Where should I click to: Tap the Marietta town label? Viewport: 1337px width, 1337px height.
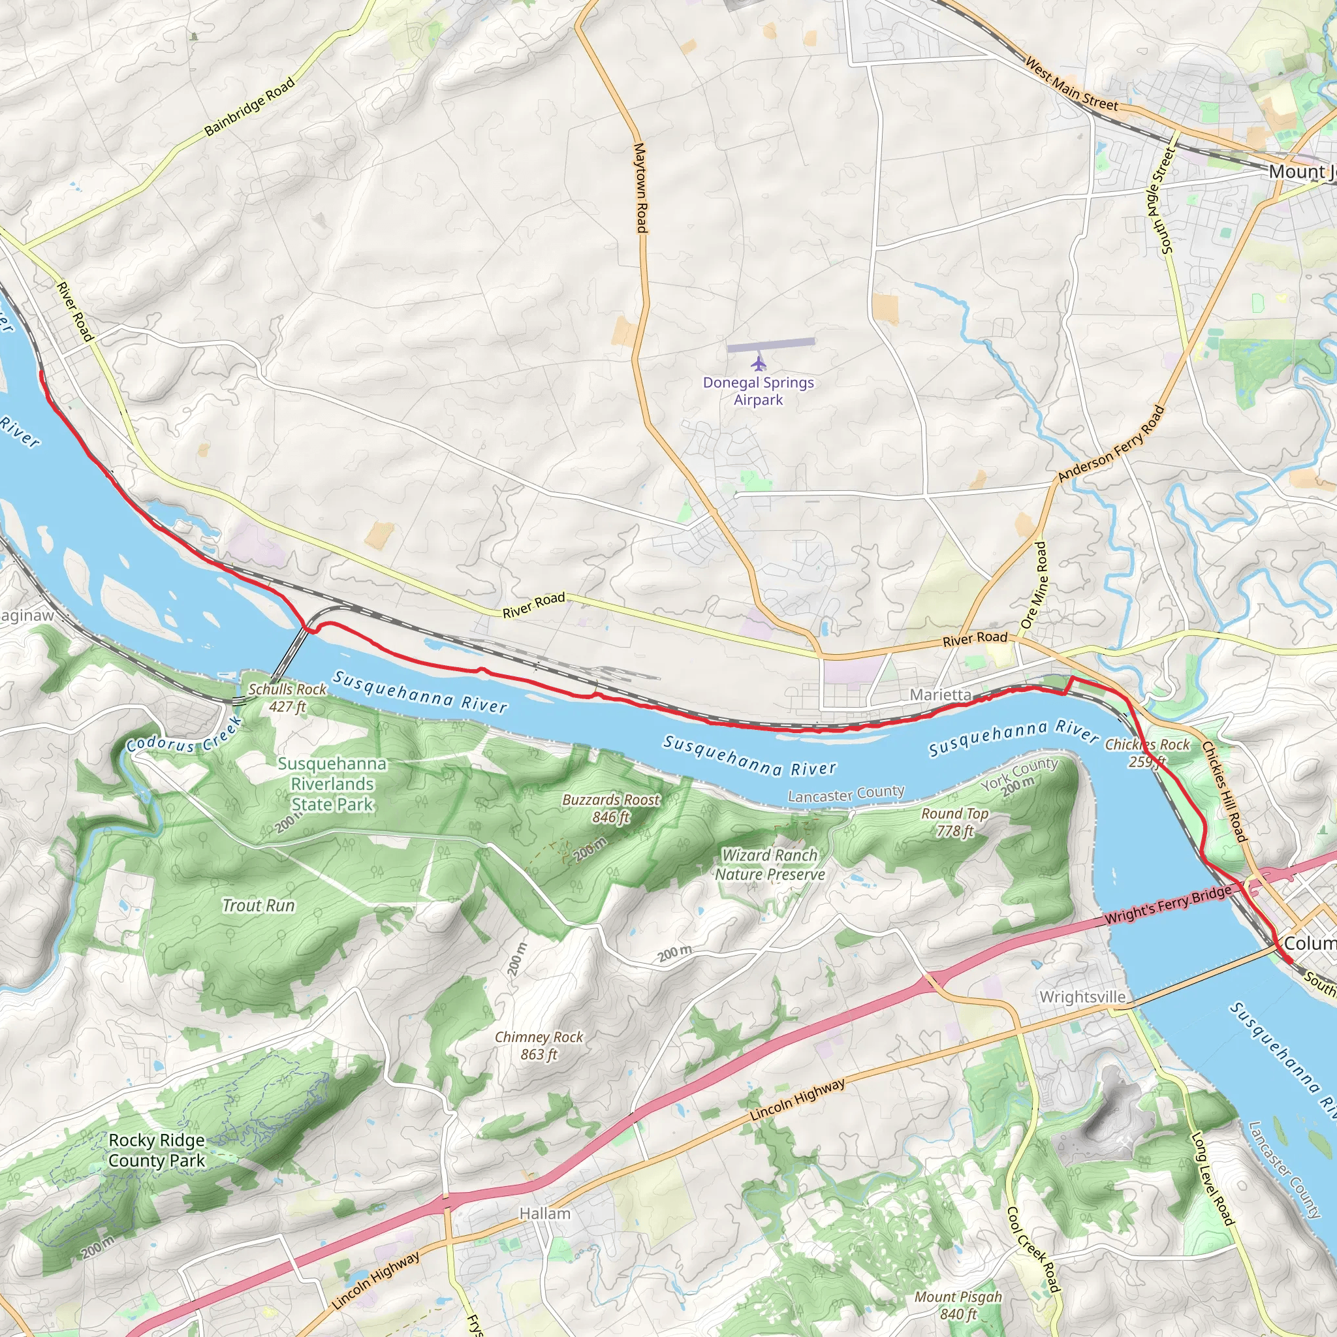pyautogui.click(x=940, y=694)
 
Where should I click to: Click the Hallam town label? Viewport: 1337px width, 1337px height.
pyautogui.click(x=544, y=1213)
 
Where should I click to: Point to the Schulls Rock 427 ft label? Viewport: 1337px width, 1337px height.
pyautogui.click(x=287, y=698)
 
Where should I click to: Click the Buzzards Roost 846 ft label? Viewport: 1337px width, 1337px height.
pyautogui.click(x=611, y=808)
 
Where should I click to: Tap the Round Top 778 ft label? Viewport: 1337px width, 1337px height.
pyautogui.click(x=954, y=822)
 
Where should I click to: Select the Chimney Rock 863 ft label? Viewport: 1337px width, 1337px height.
pyautogui.click(x=539, y=1046)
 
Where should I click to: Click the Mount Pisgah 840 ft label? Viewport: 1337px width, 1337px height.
pyautogui.click(x=958, y=1305)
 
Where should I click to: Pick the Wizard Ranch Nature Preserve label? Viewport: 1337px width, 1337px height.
pyautogui.click(x=770, y=864)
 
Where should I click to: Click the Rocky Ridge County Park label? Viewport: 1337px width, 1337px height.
pyautogui.click(x=157, y=1150)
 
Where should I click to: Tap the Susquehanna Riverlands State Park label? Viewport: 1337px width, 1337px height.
pyautogui.click(x=332, y=784)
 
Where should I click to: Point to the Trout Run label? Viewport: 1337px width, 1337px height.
pyautogui.click(x=258, y=905)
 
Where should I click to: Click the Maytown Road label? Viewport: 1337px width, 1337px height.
pyautogui.click(x=640, y=187)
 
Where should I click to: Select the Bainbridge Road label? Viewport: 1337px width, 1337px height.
pyautogui.click(x=250, y=106)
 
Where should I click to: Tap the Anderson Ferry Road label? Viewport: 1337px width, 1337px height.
pyautogui.click(x=1111, y=443)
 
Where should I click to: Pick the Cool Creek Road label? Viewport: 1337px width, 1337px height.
pyautogui.click(x=1033, y=1248)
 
